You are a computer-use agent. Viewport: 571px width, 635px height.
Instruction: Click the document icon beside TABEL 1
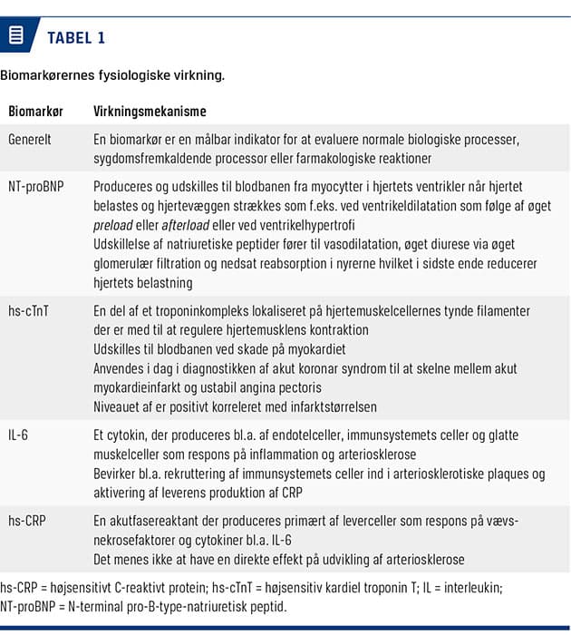15,35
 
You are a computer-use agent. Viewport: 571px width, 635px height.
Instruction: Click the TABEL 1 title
76,37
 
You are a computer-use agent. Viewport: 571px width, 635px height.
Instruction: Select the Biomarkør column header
35,112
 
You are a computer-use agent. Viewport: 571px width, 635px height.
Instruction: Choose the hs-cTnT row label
30,311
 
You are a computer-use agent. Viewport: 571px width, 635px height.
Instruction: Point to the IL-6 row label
18,435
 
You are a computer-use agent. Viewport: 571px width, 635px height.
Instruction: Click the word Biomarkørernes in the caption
50,75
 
